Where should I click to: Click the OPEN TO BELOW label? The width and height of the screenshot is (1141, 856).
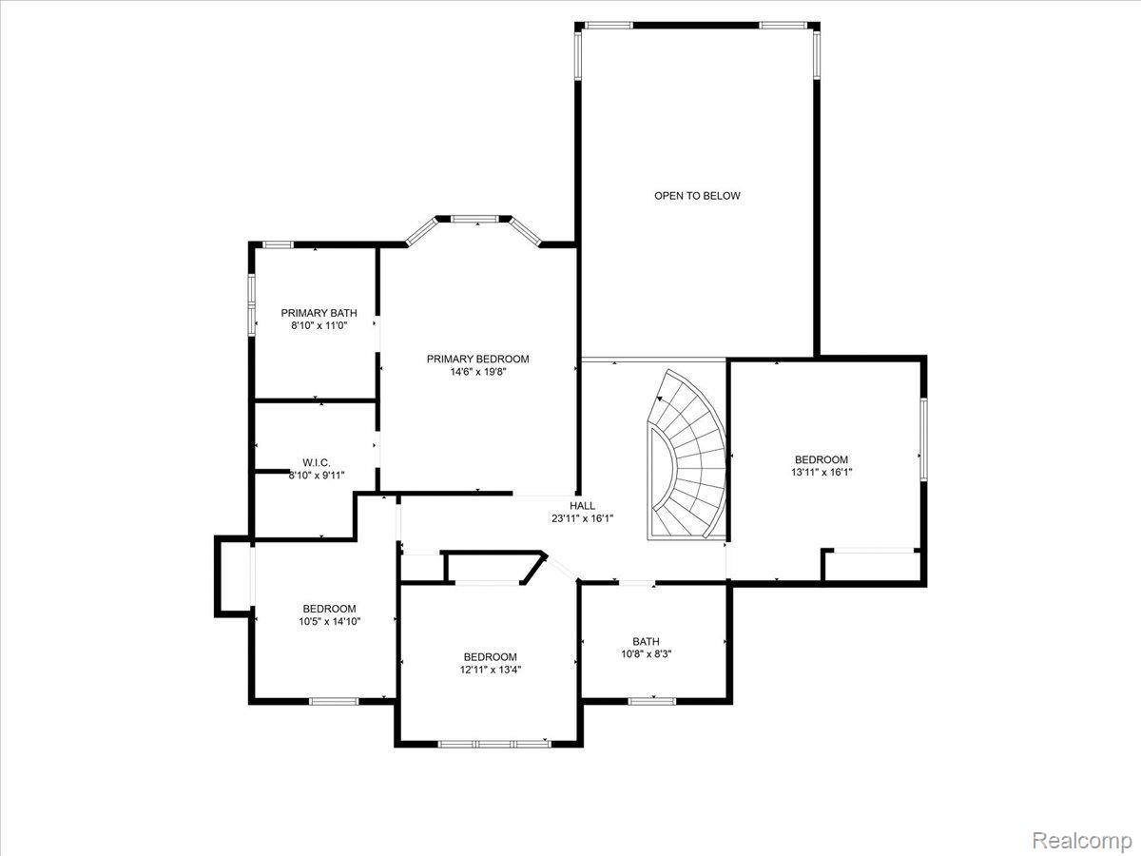[696, 196]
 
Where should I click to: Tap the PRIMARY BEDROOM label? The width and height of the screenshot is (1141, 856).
[477, 359]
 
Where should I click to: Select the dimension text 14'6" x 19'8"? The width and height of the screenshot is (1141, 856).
[477, 372]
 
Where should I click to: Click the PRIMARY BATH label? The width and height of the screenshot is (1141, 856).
[319, 313]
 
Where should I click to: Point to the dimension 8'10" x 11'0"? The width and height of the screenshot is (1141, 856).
[319, 326]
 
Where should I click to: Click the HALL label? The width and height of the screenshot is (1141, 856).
[582, 505]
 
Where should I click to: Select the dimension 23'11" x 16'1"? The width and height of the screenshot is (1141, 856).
[582, 518]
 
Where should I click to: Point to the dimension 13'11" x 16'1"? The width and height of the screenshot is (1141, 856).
[821, 472]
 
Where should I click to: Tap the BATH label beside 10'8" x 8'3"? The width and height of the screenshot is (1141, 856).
[646, 641]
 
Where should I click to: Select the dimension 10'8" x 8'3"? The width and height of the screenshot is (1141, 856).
[646, 654]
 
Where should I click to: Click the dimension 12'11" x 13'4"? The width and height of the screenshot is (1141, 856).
[490, 670]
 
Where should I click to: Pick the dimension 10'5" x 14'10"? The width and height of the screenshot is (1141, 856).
[329, 622]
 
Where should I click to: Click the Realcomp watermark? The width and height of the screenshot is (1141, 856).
[1082, 841]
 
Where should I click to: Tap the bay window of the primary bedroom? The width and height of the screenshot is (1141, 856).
[474, 220]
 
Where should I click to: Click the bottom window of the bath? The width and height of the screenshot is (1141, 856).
[651, 701]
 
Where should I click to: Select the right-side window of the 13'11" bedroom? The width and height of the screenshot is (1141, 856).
[921, 439]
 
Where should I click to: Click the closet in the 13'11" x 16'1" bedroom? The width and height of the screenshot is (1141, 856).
[872, 565]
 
